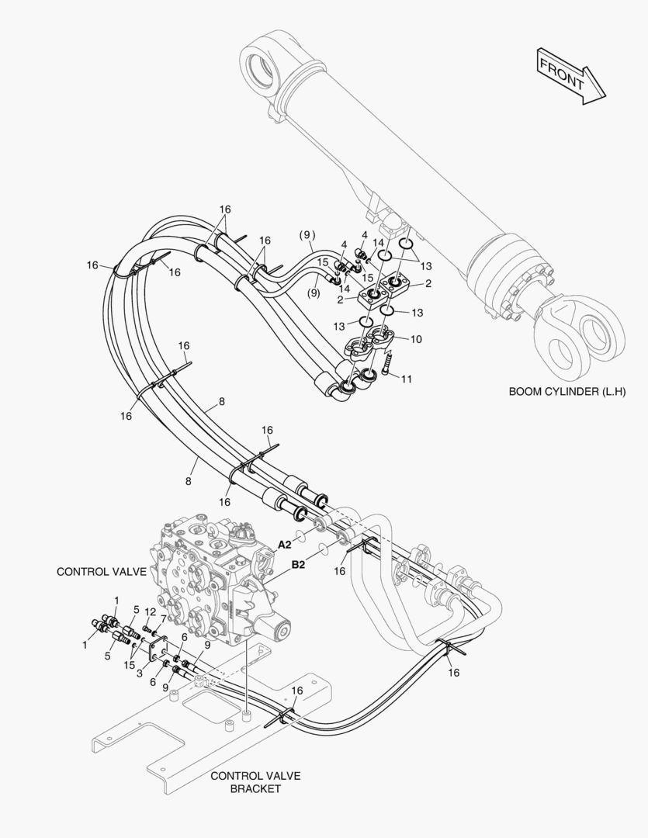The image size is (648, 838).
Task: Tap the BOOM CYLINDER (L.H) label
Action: (567, 392)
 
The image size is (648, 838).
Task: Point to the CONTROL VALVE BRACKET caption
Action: (255, 782)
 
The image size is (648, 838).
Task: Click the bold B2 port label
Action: (298, 566)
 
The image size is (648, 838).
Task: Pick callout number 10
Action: (416, 339)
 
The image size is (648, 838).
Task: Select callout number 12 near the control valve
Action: (151, 613)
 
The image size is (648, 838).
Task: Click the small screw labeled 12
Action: (146, 628)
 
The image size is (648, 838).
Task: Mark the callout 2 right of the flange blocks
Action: (428, 284)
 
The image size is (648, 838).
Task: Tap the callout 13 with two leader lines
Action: (425, 266)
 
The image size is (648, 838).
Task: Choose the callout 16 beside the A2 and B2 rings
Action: (339, 571)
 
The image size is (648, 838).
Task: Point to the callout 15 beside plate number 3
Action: (129, 665)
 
